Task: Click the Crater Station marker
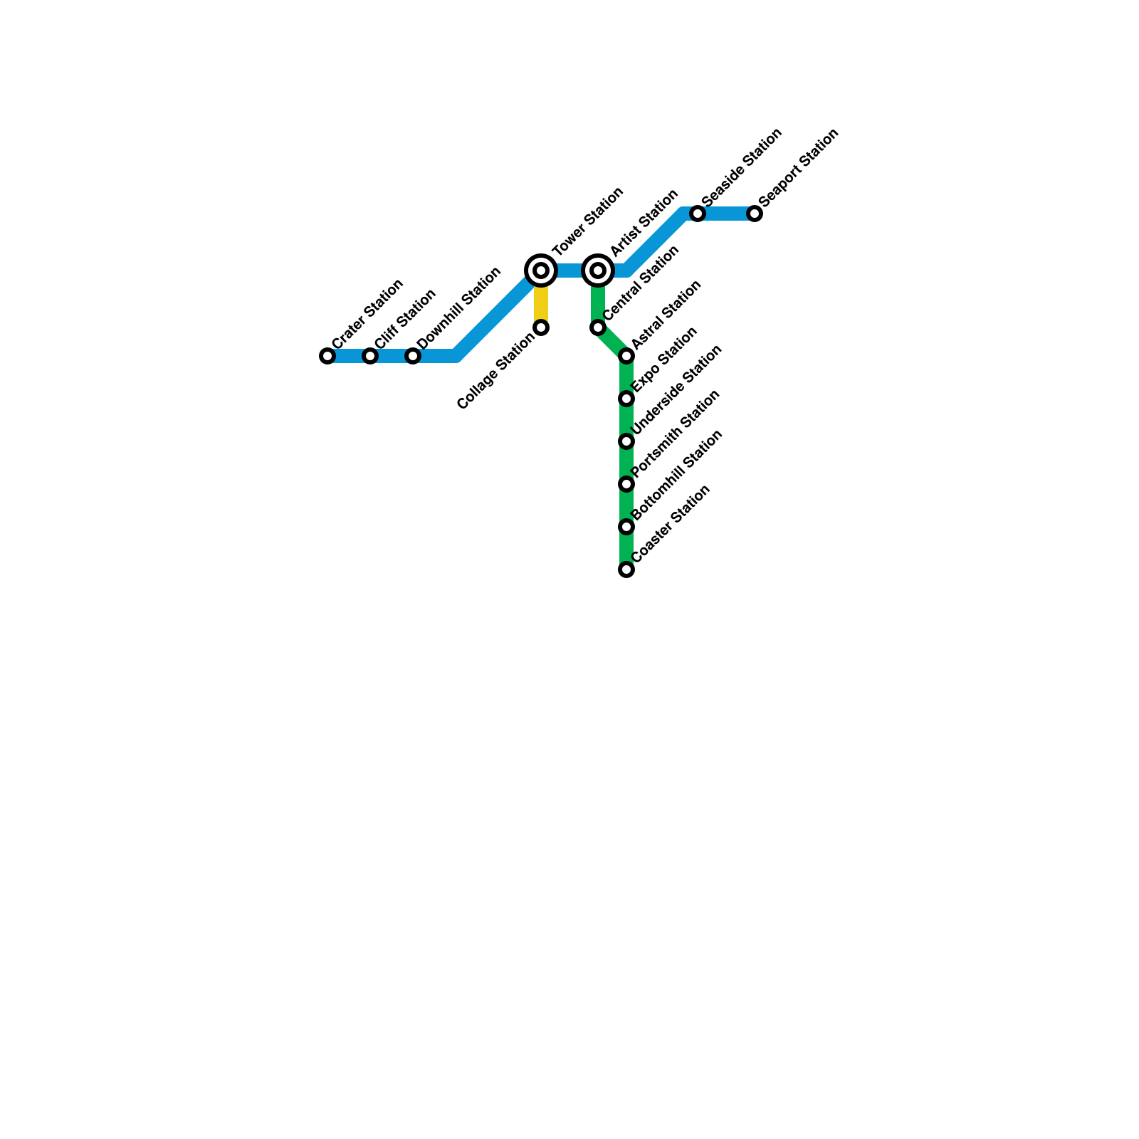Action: click(327, 356)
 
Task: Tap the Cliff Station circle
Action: click(370, 356)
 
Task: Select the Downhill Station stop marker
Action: click(413, 356)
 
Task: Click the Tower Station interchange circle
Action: click(541, 271)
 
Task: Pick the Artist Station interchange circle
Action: click(598, 271)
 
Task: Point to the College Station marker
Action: click(541, 327)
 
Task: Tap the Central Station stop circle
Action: click(598, 327)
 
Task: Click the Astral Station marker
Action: click(626, 356)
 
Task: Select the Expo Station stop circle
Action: click(626, 399)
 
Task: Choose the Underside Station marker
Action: click(626, 441)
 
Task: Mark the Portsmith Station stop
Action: click(626, 484)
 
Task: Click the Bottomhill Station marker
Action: click(626, 527)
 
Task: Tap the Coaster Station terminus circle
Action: click(626, 569)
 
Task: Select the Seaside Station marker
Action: click(698, 214)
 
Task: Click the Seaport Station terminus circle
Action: click(755, 214)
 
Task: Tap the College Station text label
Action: click(495, 372)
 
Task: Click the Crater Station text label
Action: click(367, 313)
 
